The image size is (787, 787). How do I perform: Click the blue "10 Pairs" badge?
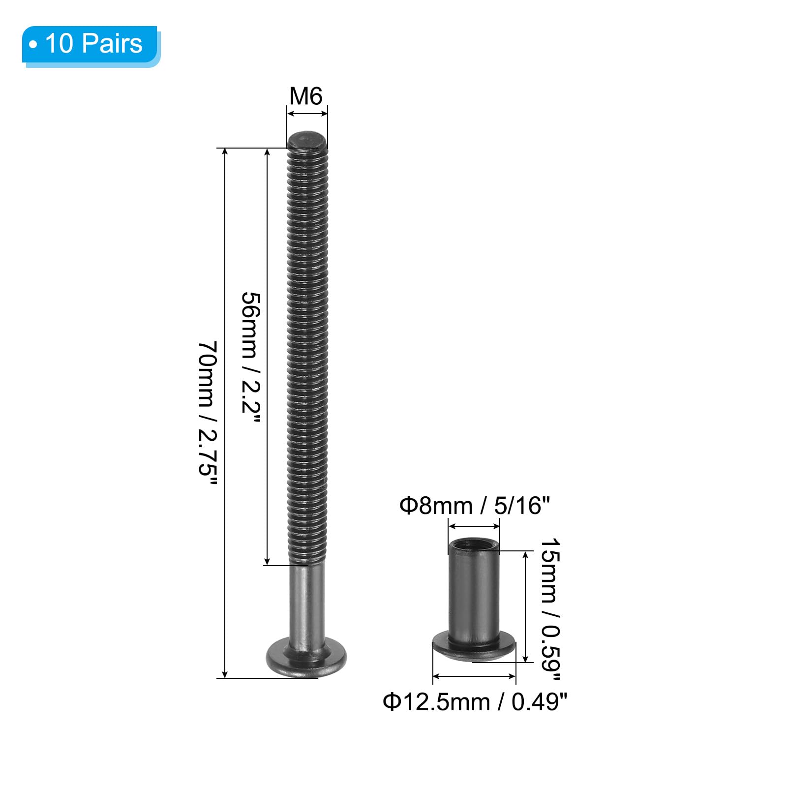(91, 46)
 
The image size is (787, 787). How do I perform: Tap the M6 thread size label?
(306, 96)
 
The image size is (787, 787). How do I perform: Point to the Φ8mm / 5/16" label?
(474, 505)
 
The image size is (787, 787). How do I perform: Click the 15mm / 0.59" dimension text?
(550, 609)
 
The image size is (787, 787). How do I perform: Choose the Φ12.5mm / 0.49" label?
(475, 701)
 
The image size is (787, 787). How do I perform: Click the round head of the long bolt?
(306, 658)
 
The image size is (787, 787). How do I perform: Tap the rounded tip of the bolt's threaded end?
(307, 140)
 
